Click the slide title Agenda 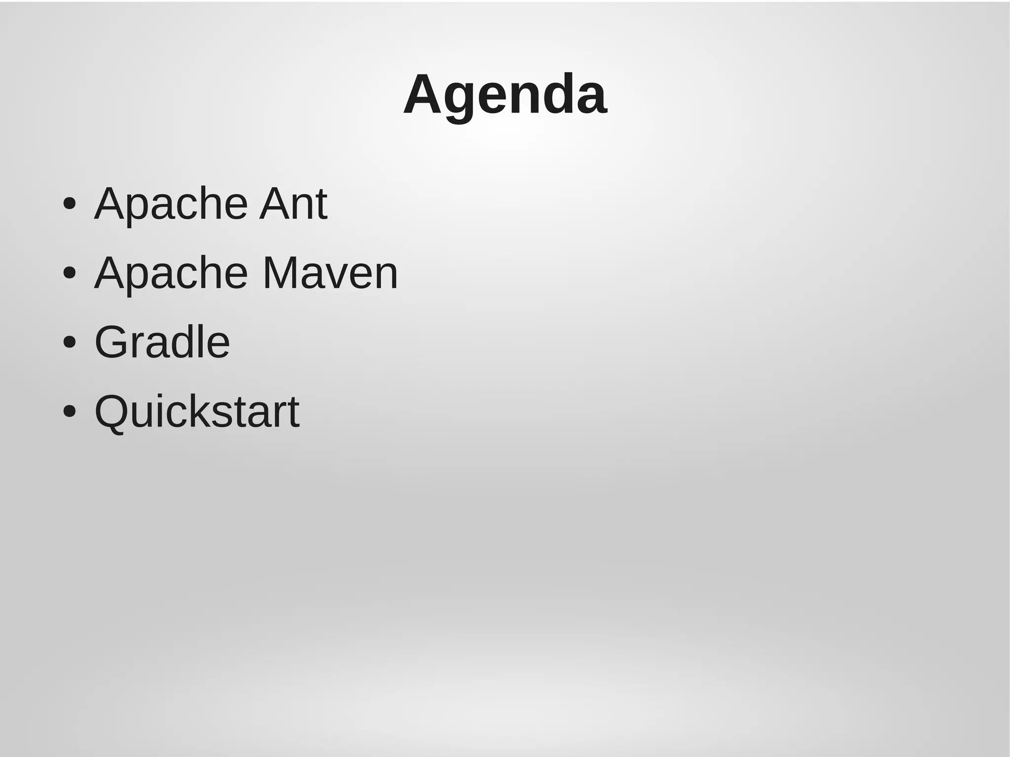(x=505, y=95)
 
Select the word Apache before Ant (x=171, y=204)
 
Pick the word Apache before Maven (x=171, y=274)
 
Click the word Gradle (x=162, y=342)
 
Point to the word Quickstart (x=197, y=411)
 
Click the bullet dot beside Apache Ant (x=70, y=204)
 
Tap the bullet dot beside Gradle (x=70, y=342)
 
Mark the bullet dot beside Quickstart (x=70, y=411)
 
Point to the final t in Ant (x=321, y=205)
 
